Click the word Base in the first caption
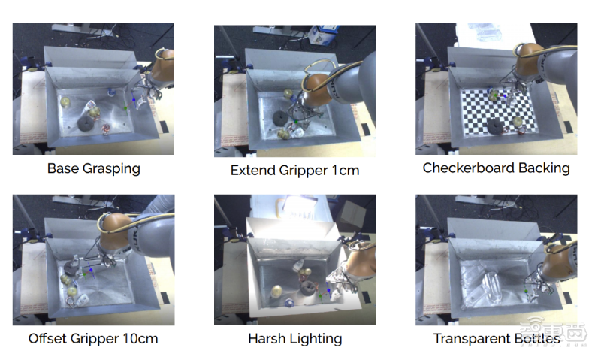coord(63,168)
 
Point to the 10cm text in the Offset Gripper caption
coord(140,338)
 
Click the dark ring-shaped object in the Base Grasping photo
coord(86,123)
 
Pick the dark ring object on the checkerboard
coord(496,126)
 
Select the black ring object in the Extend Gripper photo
coord(282,118)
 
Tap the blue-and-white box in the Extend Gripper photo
coord(322,35)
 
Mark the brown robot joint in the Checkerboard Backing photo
coord(529,59)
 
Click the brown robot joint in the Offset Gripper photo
coord(115,231)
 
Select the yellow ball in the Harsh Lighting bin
coord(277,291)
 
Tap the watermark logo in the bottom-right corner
coord(553,331)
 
